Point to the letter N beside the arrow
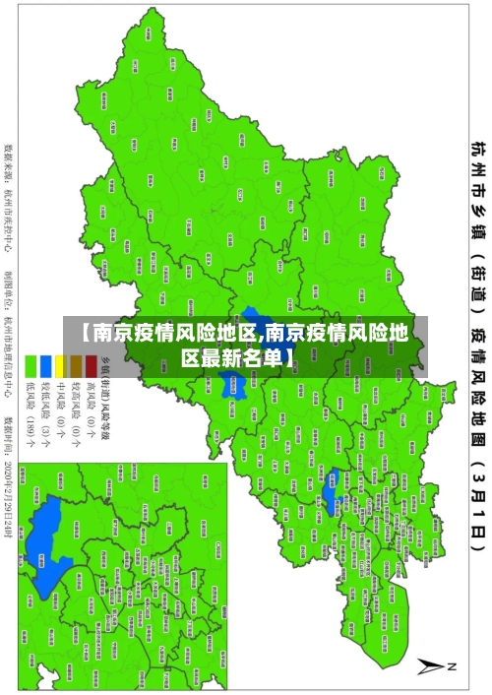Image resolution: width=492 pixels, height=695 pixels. [x=454, y=665]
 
